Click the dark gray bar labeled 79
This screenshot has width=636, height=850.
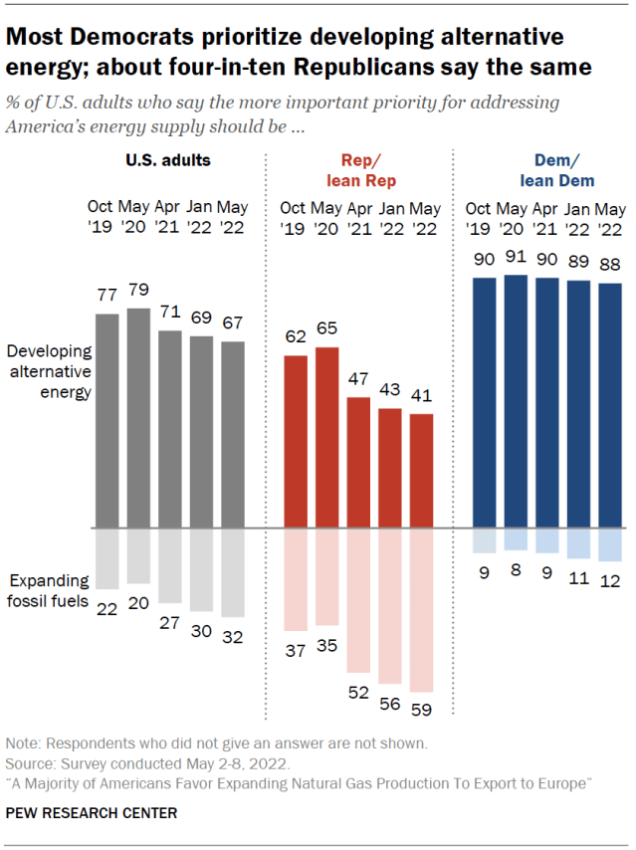(x=138, y=418)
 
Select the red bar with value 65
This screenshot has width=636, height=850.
(x=326, y=437)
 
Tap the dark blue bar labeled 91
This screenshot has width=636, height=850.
(x=515, y=401)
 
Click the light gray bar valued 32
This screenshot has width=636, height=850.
(x=232, y=572)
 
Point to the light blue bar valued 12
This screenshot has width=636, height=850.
(x=609, y=545)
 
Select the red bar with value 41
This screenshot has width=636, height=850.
(x=422, y=471)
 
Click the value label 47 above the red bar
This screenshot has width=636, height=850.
(x=358, y=380)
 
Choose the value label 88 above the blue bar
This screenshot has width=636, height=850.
(x=609, y=265)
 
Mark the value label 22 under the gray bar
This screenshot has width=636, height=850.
(x=107, y=608)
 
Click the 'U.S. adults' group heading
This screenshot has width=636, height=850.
(x=168, y=159)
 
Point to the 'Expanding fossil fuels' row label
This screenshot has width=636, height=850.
(x=50, y=590)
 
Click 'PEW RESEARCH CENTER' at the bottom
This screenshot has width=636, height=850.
(x=92, y=813)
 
